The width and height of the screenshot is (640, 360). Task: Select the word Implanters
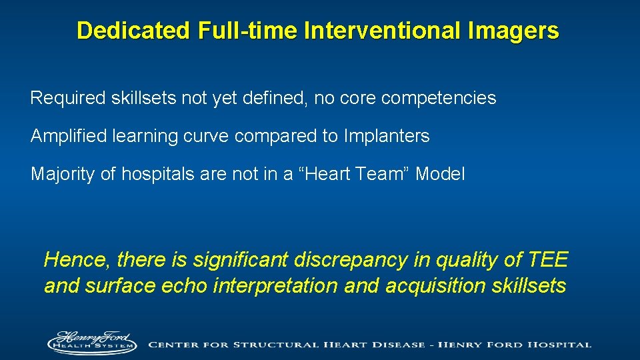pyautogui.click(x=387, y=137)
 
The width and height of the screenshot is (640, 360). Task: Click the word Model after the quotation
pyautogui.click(x=441, y=175)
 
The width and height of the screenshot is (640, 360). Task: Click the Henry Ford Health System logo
pyautogui.click(x=91, y=341)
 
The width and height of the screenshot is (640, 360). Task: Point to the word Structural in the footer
pyautogui.click(x=265, y=345)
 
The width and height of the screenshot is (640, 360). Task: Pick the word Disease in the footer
pyautogui.click(x=393, y=345)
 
